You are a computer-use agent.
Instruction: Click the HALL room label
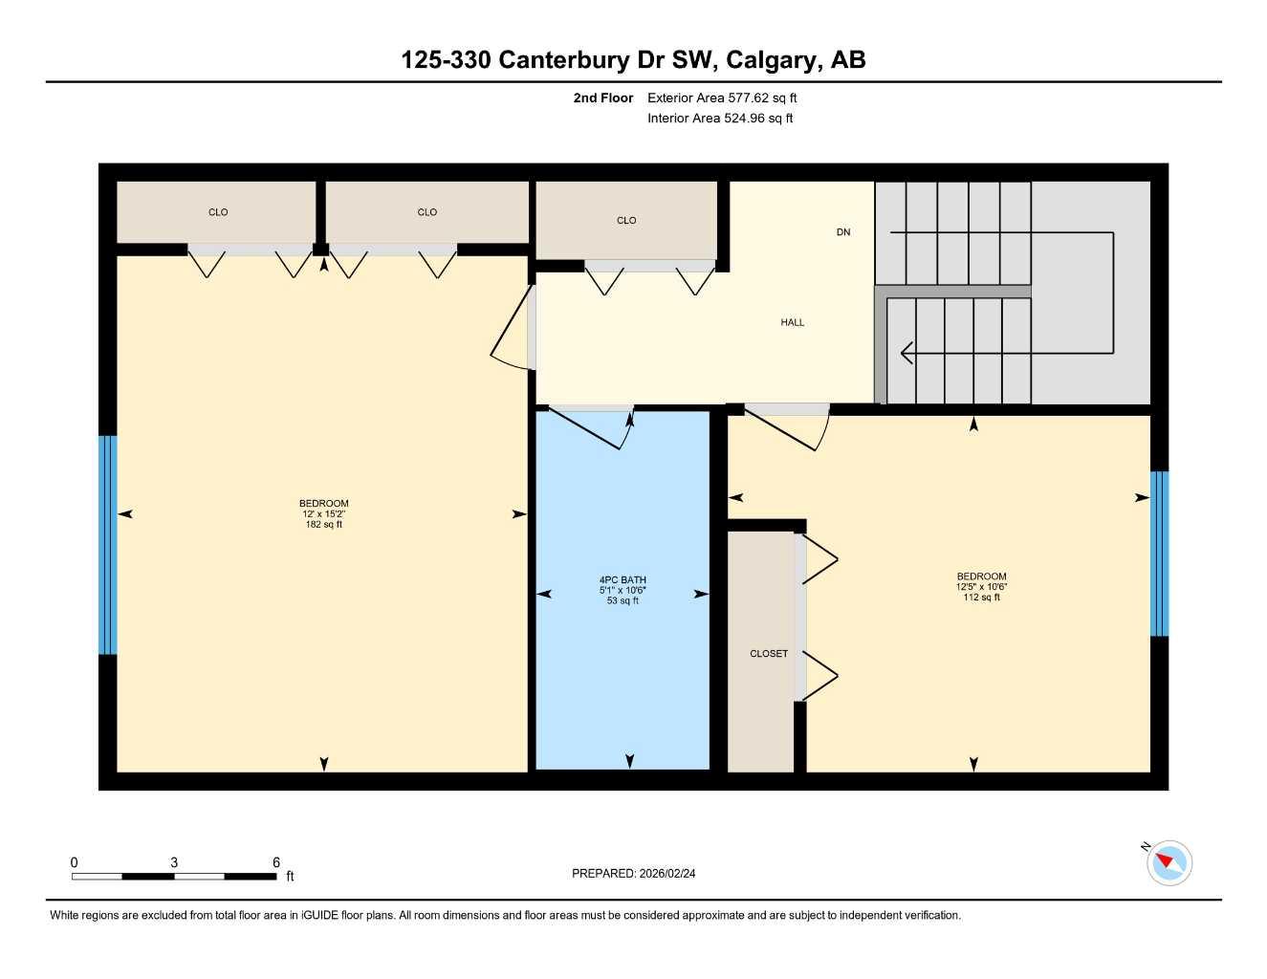[792, 323]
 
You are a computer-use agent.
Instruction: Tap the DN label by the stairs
[842, 232]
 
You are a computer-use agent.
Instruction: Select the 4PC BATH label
[623, 580]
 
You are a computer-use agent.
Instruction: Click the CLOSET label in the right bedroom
[769, 654]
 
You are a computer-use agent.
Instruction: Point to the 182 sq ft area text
[323, 524]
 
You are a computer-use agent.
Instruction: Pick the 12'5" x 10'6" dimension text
[981, 587]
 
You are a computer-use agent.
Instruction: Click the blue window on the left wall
[108, 545]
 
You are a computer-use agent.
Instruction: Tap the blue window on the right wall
[1159, 554]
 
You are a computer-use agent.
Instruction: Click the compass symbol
[1169, 863]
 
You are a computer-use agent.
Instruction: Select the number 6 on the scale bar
[276, 862]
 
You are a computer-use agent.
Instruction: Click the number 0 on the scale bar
[75, 862]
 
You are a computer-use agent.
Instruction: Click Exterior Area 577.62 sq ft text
[722, 98]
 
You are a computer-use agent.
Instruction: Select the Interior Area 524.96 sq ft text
[720, 119]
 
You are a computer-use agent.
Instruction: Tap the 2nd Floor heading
[603, 98]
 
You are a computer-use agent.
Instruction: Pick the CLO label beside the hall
[626, 221]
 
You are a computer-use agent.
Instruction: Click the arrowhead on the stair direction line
[907, 353]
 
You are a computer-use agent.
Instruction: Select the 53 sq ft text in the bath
[623, 600]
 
